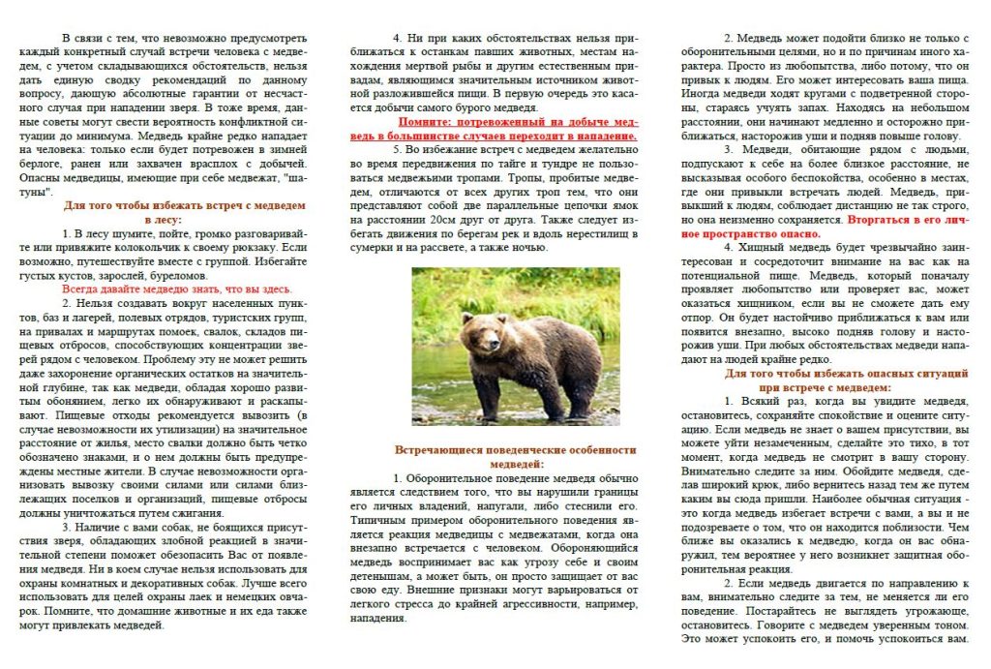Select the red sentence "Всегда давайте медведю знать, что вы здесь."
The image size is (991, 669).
(176, 289)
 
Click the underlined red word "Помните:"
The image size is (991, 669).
(430, 123)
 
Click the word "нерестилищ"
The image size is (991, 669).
(601, 233)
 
